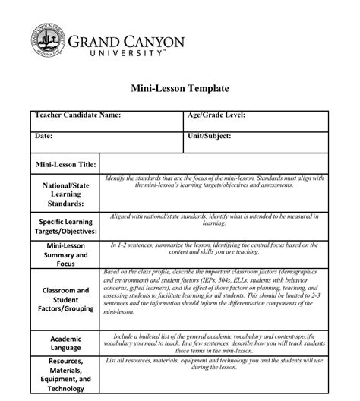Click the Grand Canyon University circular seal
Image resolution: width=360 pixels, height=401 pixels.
pos(47,42)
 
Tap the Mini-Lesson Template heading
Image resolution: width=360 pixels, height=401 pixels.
pos(180,88)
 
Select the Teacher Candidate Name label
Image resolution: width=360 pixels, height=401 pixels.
pos(77,115)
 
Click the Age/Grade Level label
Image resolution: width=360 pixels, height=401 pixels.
pos(216,115)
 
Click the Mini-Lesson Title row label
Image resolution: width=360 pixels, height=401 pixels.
pos(66,163)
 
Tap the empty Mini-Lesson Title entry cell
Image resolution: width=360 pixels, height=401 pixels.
pos(214,163)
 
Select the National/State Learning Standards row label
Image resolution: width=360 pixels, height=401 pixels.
pos(65,194)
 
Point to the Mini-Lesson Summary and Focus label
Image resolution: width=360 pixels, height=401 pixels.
pos(65,256)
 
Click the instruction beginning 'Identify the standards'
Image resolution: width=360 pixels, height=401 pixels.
pos(214,182)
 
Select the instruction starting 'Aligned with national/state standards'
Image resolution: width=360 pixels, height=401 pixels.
pos(214,219)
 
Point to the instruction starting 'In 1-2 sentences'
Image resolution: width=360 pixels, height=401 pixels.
pos(214,249)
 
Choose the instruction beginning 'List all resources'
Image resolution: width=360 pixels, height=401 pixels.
pos(214,364)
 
